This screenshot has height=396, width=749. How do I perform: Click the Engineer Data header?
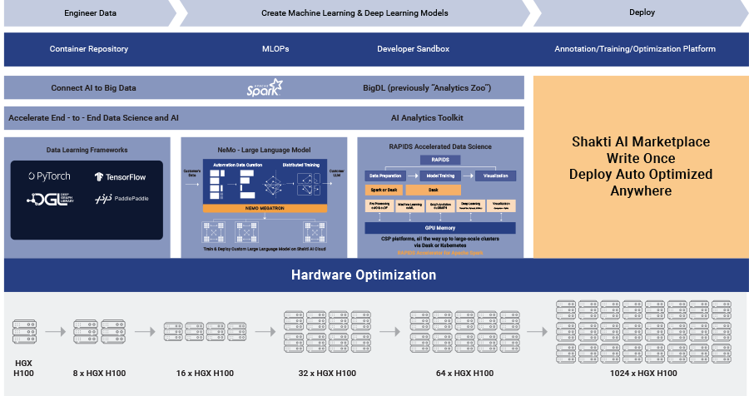(90, 13)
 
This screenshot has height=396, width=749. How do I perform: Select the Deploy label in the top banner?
(642, 13)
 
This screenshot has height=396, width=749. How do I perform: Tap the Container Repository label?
(89, 49)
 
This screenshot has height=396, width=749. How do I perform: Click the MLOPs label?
(275, 49)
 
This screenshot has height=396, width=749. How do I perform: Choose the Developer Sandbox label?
(413, 49)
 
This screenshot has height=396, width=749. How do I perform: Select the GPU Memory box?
(440, 227)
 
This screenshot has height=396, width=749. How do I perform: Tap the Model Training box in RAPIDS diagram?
(441, 176)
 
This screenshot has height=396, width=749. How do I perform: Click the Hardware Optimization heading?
(374, 275)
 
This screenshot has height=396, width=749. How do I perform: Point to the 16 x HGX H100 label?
(196, 374)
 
